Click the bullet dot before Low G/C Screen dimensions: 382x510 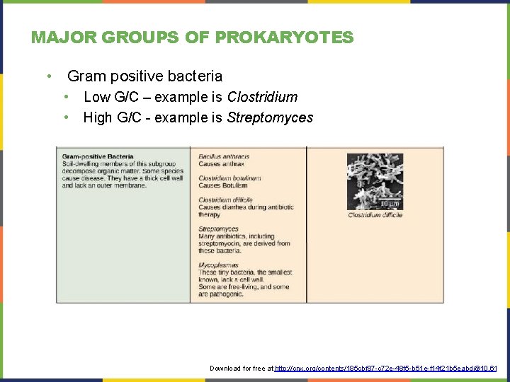[x=66, y=97]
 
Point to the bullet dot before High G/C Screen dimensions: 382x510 [x=66, y=117]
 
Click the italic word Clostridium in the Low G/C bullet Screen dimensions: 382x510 [x=262, y=97]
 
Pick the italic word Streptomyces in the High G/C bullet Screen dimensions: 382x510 [x=270, y=117]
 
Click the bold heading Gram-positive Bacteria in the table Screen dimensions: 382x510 [x=98, y=156]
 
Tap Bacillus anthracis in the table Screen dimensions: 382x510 [x=224, y=156]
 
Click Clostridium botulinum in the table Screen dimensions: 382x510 [x=229, y=178]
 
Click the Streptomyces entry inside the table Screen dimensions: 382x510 [x=218, y=229]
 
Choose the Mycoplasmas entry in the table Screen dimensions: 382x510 [x=219, y=265]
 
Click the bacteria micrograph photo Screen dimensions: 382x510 [x=375, y=181]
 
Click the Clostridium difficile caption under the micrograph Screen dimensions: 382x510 [x=375, y=215]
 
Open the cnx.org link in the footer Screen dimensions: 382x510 [x=386, y=369]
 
